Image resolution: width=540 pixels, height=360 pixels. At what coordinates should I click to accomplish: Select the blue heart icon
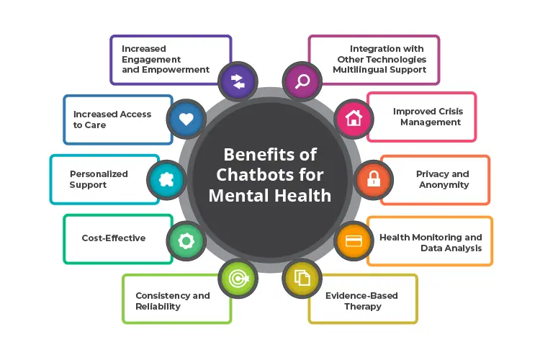(x=186, y=120)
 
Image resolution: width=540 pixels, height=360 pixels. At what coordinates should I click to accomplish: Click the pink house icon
(x=354, y=120)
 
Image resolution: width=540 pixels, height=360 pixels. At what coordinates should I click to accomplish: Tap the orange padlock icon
(x=374, y=179)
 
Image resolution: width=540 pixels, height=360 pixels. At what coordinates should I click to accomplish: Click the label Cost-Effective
(x=114, y=238)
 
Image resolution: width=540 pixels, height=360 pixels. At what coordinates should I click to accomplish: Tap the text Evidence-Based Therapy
(x=361, y=300)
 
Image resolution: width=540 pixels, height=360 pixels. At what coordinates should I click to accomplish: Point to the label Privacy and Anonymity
(x=443, y=179)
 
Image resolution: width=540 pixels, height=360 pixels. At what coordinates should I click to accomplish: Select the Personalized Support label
(x=99, y=179)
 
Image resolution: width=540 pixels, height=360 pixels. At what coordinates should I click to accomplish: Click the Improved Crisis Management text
(x=428, y=117)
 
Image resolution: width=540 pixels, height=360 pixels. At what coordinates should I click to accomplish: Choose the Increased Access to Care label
(x=112, y=120)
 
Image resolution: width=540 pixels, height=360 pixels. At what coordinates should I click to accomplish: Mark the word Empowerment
(x=176, y=70)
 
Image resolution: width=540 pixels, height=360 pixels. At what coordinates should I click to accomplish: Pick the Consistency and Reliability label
(x=173, y=300)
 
